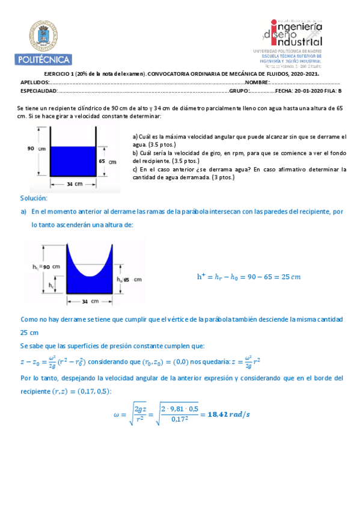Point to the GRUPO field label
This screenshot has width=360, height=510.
[x=239, y=91]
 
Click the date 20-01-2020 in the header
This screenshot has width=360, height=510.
[x=311, y=91]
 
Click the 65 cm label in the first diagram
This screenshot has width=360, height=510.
[x=106, y=161]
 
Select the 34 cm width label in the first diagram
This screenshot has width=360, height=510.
[x=75, y=183]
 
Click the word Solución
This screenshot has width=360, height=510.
[x=34, y=198]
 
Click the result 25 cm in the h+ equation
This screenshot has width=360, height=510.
[x=291, y=277]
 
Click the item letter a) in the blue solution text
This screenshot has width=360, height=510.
[x=23, y=212]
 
